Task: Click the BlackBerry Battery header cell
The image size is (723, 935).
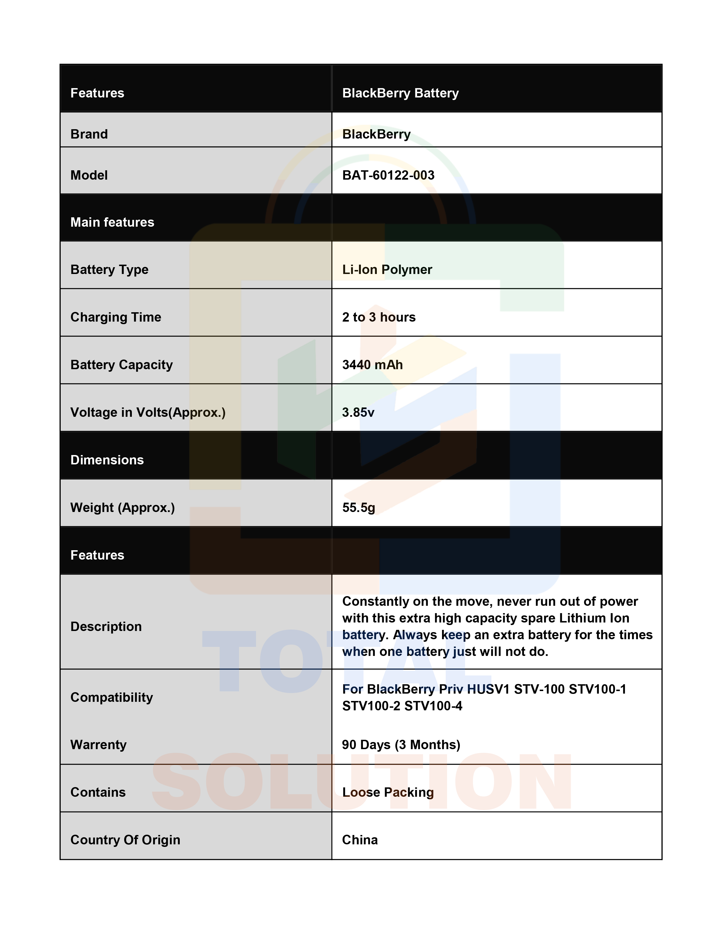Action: tap(400, 93)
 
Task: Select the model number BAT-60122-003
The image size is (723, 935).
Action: tap(388, 175)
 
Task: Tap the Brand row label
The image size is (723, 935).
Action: tap(89, 134)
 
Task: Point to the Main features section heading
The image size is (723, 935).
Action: tap(112, 222)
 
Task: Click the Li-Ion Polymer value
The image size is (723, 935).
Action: tap(387, 269)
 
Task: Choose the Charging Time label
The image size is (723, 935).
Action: tap(116, 317)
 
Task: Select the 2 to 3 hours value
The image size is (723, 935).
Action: tap(379, 317)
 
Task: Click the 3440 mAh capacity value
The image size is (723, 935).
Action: tap(372, 365)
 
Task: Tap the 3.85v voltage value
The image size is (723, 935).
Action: tap(358, 412)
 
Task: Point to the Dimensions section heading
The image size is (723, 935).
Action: tap(107, 460)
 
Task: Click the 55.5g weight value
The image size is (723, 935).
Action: tap(358, 507)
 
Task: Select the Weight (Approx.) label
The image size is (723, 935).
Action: tap(122, 507)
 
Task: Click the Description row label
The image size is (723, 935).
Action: tap(106, 626)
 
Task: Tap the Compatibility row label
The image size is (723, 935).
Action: tap(111, 697)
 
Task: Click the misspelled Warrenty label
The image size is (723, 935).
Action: tap(98, 745)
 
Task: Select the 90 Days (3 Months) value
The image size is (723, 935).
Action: tap(401, 745)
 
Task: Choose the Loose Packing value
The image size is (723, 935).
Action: tap(388, 792)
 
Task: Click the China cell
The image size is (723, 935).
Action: tap(360, 840)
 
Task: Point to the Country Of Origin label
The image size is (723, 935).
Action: tap(125, 840)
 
